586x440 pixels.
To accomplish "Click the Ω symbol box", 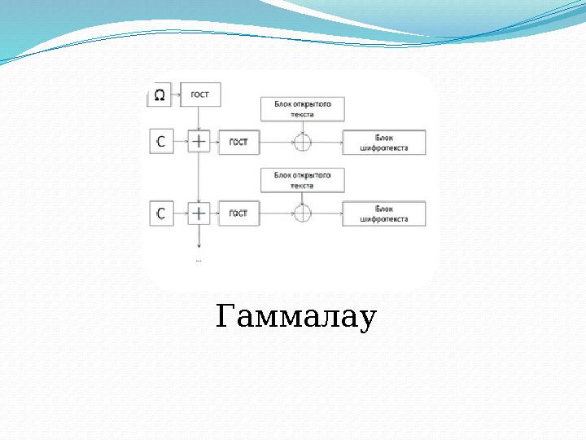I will pos(159,95).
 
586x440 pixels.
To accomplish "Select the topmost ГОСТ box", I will pos(199,95).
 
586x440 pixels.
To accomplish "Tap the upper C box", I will pos(160,141).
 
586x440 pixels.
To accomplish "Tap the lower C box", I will pos(160,213).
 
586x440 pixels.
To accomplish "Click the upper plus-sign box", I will pos(199,141).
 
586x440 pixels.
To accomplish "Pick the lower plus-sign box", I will pos(199,213).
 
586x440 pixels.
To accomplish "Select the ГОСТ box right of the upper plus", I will pos(238,142).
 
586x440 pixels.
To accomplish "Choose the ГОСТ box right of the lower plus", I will pos(238,213).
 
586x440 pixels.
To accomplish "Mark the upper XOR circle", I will pos(302,143).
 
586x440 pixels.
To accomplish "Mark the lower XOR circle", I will pos(302,213).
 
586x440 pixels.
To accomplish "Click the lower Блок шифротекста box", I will pos(384,213).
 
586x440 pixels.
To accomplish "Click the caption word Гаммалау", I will pos(296,317).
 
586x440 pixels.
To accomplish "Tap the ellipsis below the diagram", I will pos(199,261).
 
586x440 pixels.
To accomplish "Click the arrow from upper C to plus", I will pos(180,141).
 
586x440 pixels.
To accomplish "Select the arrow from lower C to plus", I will pos(180,213).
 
